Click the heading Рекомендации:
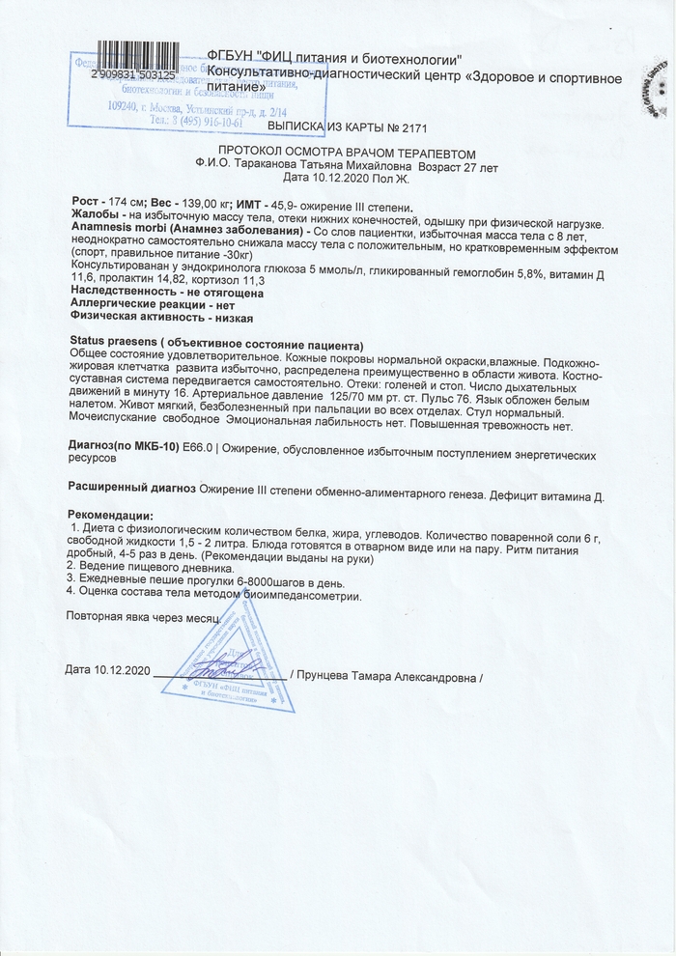tap(110, 515)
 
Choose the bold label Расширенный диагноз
tap(131, 490)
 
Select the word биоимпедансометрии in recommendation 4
tap(308, 596)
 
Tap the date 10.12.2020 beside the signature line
tap(124, 670)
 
